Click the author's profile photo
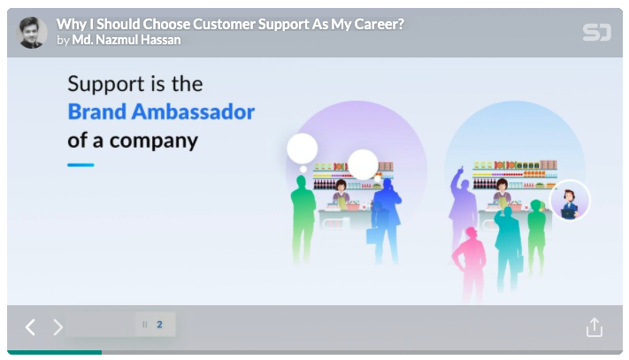[x=33, y=32]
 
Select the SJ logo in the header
[x=596, y=33]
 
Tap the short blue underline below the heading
[x=81, y=165]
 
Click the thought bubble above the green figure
[x=302, y=149]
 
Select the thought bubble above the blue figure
[x=363, y=164]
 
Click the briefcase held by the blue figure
[x=372, y=235]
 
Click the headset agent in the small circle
[x=569, y=201]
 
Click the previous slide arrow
[x=30, y=327]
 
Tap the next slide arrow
[x=58, y=327]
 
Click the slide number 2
[x=159, y=325]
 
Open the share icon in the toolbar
[x=594, y=327]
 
